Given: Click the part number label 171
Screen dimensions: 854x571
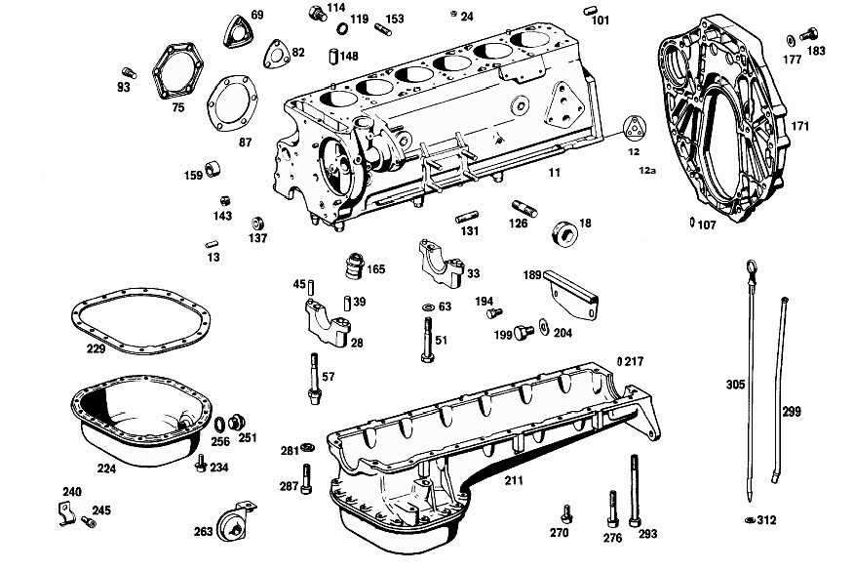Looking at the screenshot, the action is (800, 126).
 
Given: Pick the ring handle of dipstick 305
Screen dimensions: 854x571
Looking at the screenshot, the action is (749, 266).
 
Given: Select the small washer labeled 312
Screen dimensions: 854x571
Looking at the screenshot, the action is (750, 519).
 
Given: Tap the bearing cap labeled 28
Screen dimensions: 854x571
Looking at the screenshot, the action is (329, 323).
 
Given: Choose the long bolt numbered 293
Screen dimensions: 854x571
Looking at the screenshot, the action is (635, 490).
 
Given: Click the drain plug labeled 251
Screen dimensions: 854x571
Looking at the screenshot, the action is (236, 422).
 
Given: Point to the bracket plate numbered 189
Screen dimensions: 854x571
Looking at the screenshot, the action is (571, 295).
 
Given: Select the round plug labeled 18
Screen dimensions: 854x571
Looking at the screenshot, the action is (564, 233).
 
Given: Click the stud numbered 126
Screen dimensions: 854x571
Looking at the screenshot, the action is (524, 208).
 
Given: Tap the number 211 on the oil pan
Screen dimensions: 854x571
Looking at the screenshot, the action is (514, 480).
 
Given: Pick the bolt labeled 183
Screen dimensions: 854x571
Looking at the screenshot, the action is (809, 35).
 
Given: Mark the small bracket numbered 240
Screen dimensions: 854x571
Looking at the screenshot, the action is (66, 514).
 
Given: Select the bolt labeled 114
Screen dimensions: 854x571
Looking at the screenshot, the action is (318, 13).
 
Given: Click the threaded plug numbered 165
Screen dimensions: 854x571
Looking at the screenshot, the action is (355, 265).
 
